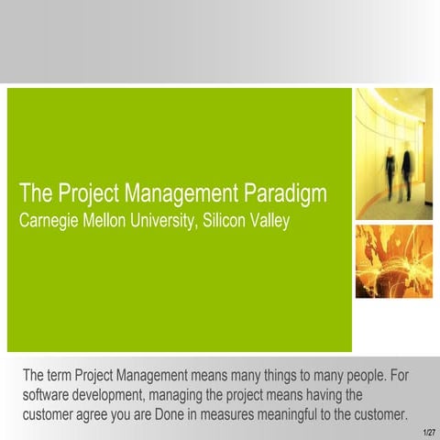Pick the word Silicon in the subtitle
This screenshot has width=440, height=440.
pyautogui.click(x=235, y=220)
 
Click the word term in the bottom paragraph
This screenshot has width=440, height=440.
pyautogui.click(x=60, y=376)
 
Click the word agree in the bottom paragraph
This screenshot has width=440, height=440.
pyautogui.click(x=108, y=414)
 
